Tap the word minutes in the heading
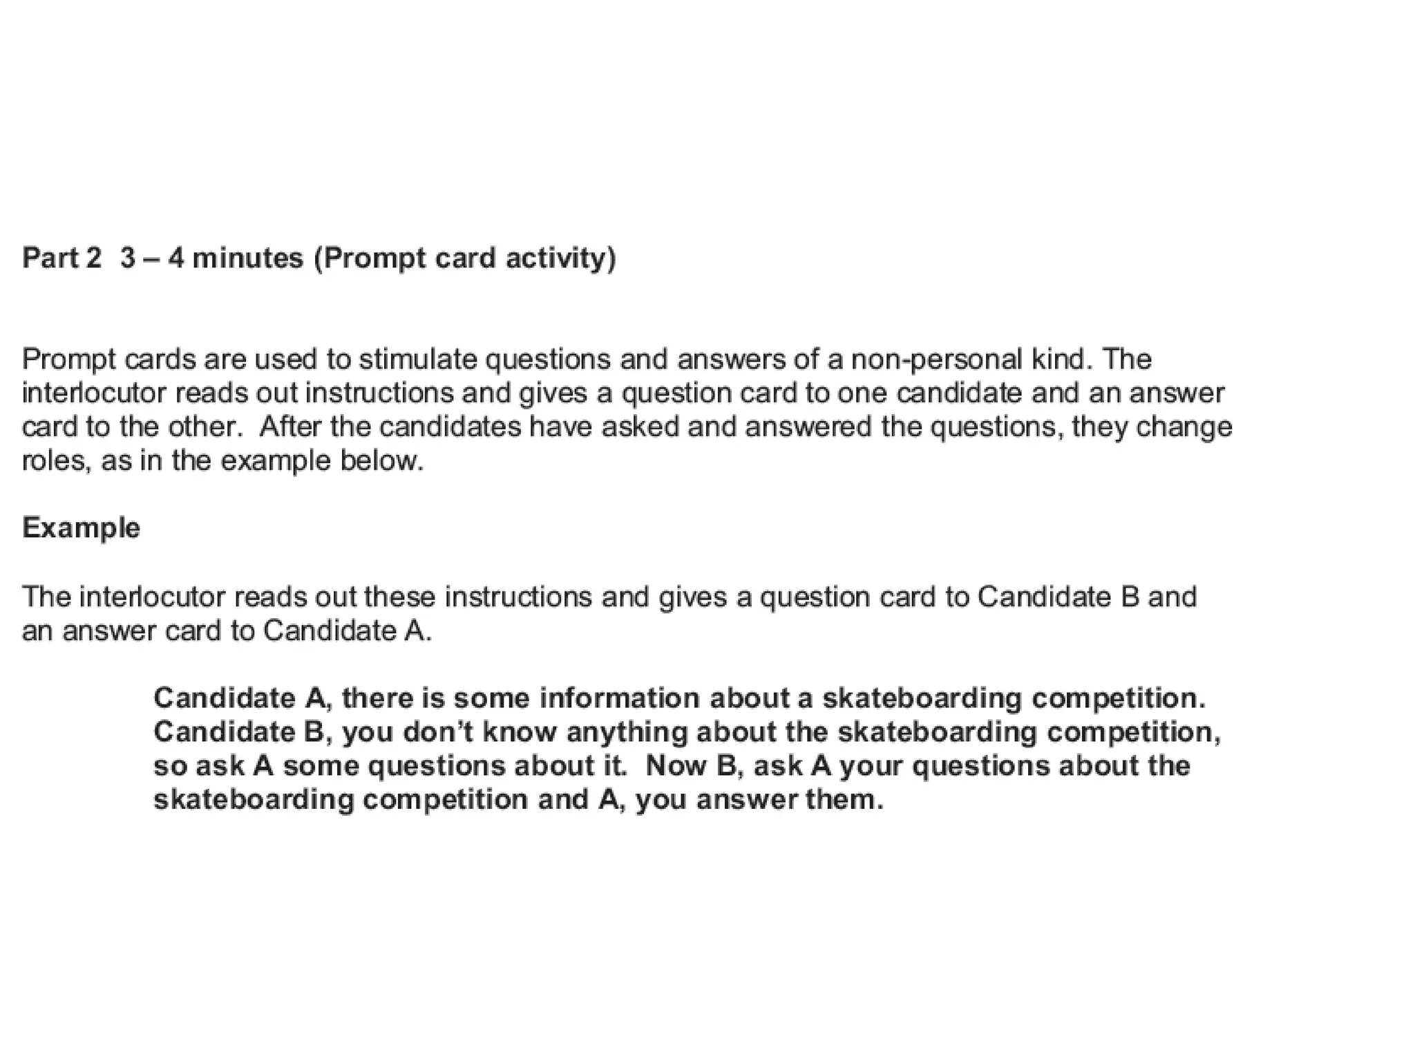pyautogui.click(x=247, y=258)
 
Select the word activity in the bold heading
pyautogui.click(x=560, y=258)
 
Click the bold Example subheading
pyautogui.click(x=81, y=528)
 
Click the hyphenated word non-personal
pyautogui.click(x=936, y=360)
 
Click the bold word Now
pyautogui.click(x=676, y=765)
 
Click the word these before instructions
pyautogui.click(x=399, y=597)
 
